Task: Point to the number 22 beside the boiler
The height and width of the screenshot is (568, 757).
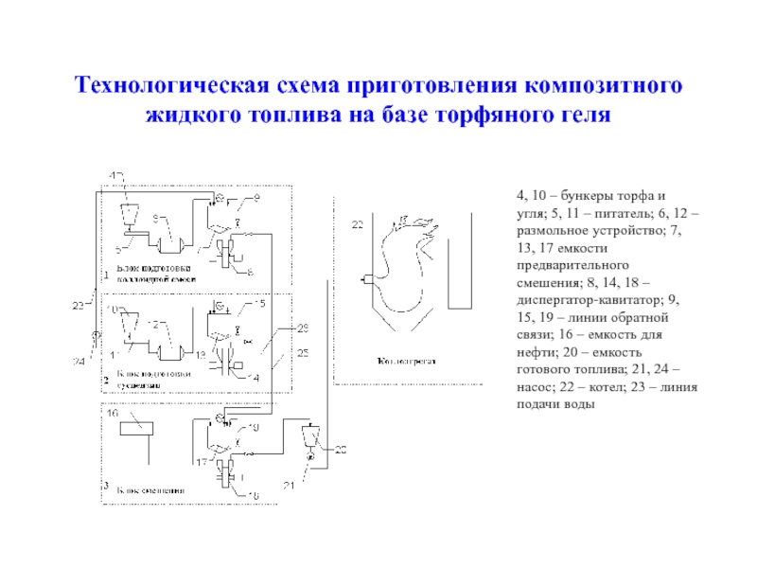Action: tap(357, 225)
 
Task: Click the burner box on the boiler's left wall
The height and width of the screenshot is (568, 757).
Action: tap(366, 278)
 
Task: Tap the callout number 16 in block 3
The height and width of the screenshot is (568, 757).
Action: tap(112, 415)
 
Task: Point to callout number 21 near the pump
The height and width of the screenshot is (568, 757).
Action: tap(290, 486)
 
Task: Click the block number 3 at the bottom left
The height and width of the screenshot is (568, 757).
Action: tap(105, 485)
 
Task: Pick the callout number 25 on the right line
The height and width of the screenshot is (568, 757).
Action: tap(303, 352)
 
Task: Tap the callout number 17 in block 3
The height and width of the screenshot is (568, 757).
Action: tap(202, 461)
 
